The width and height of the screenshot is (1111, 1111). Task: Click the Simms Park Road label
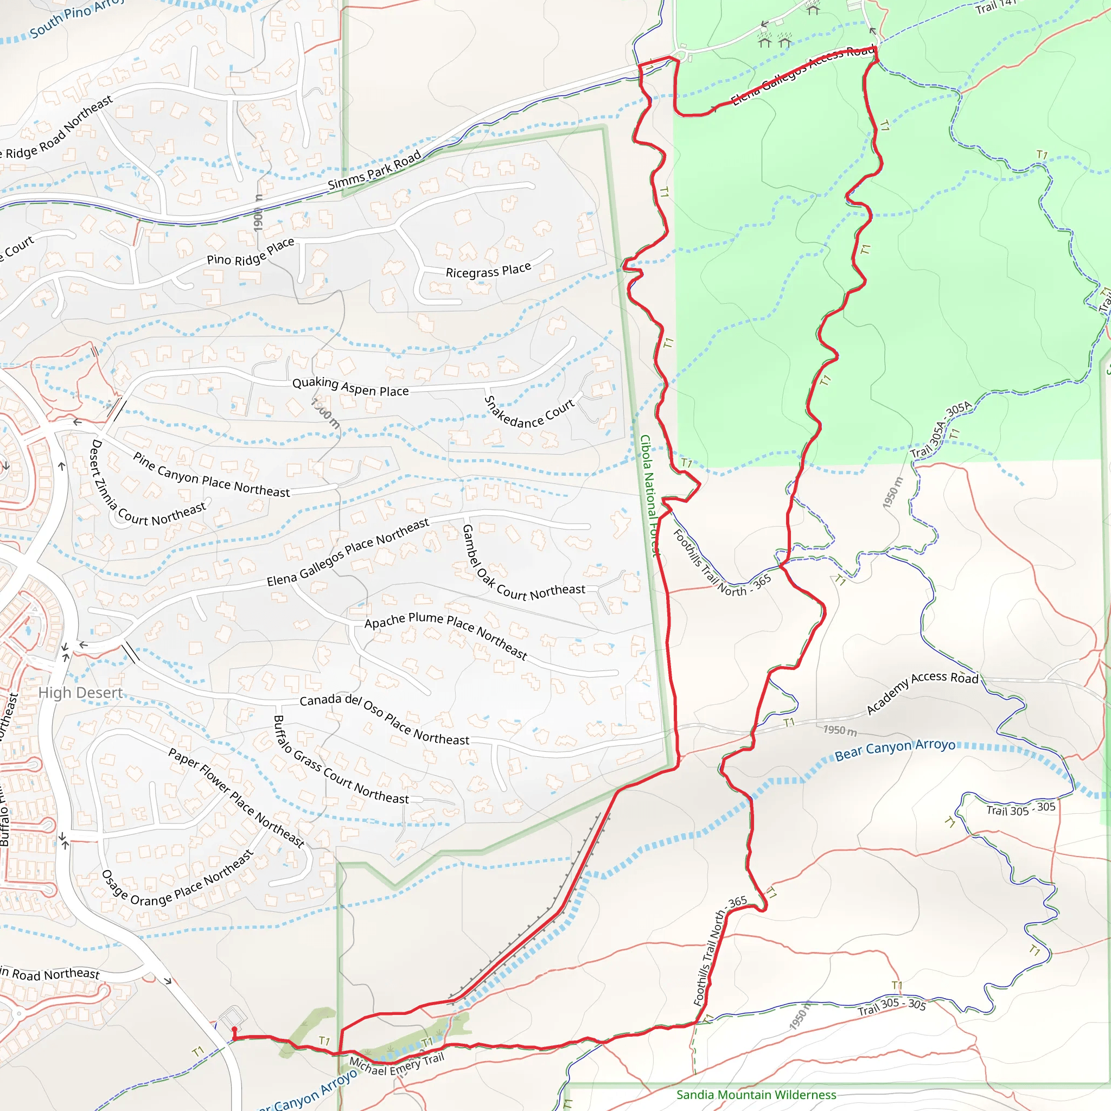coord(374,170)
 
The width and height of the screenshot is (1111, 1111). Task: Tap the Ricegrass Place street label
coord(488,270)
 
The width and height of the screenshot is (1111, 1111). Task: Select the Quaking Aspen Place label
coord(350,386)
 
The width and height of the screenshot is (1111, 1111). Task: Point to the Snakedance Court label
coord(528,413)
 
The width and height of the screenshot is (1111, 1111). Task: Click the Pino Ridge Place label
coord(250,252)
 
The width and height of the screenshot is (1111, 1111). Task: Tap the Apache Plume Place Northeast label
coord(446,634)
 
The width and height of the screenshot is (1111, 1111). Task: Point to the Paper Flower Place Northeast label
coord(236,797)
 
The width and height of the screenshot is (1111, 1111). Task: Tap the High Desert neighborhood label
coord(80,693)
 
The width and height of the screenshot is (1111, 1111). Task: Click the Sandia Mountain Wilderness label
coord(756,1094)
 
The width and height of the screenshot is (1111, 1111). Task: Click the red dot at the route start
coord(234,1029)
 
